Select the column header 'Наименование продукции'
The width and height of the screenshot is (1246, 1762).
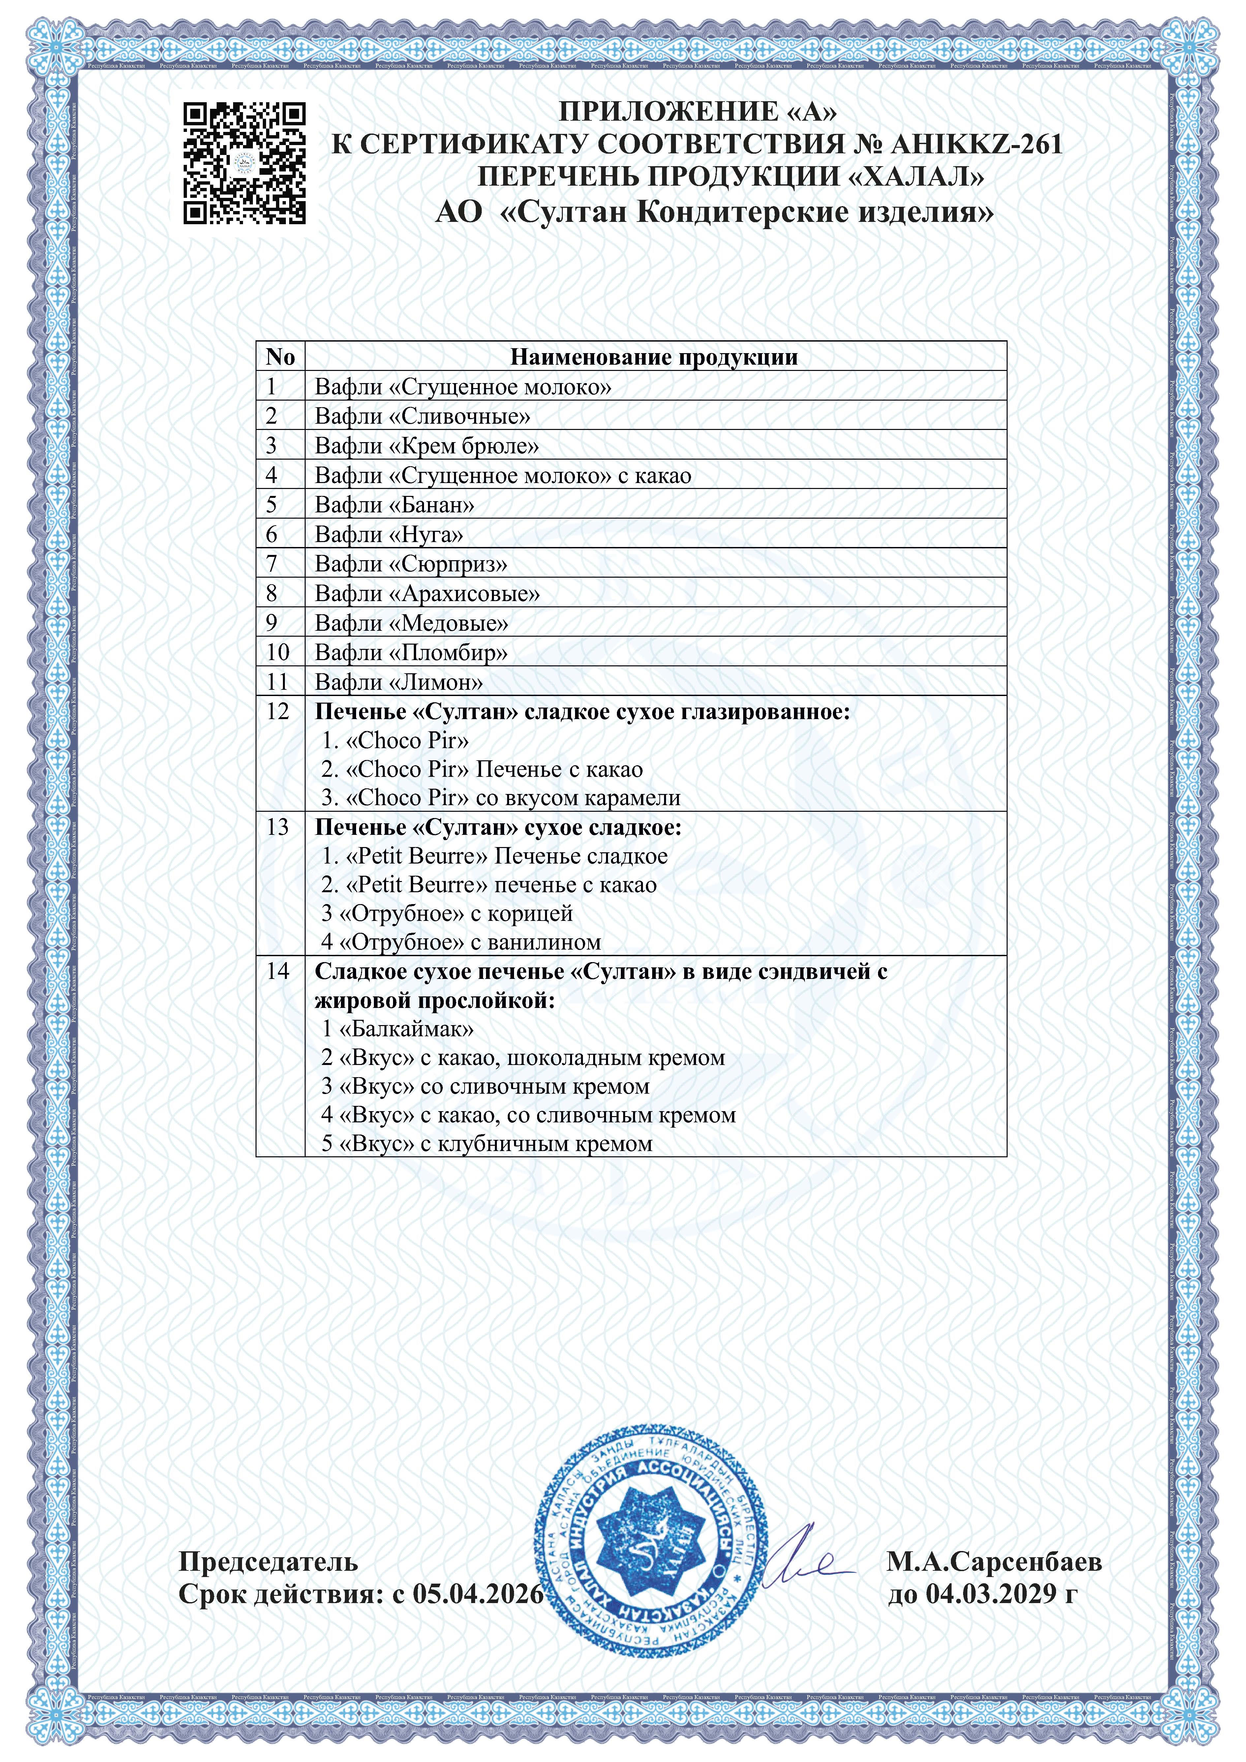(x=654, y=357)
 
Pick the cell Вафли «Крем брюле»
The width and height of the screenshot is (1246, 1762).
(x=427, y=446)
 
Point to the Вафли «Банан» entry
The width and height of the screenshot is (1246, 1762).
(x=394, y=505)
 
